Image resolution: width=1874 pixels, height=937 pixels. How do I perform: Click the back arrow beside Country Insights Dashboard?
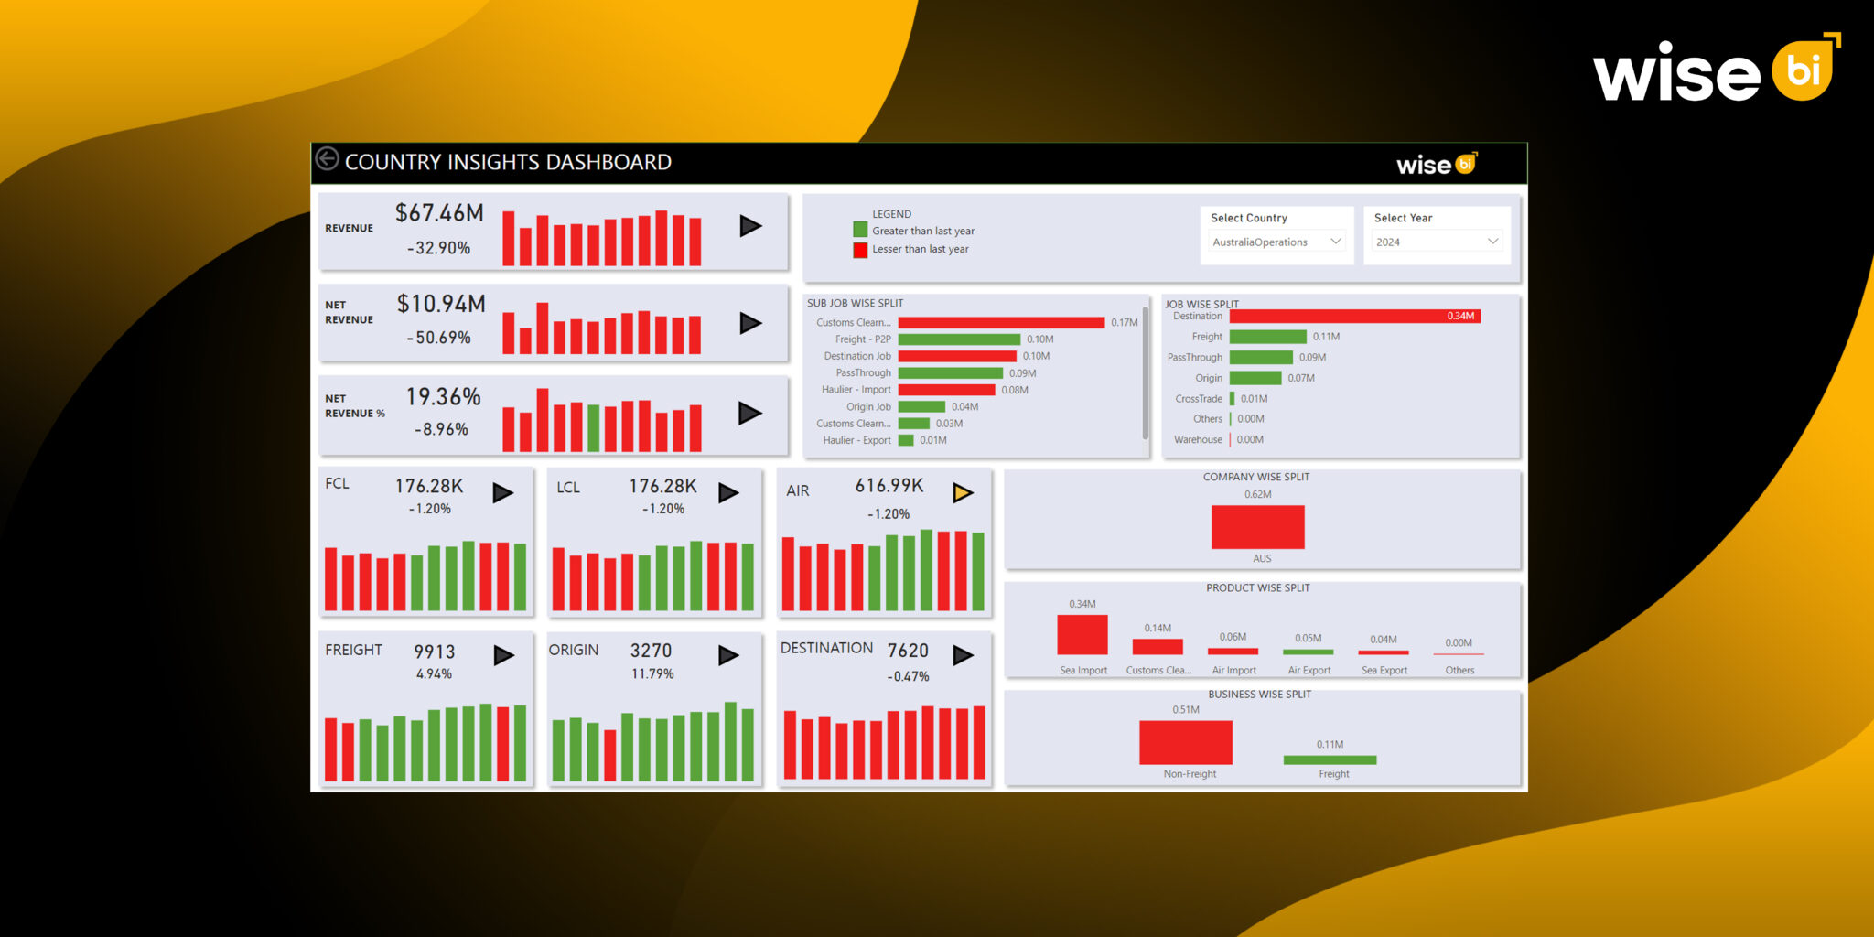click(x=327, y=159)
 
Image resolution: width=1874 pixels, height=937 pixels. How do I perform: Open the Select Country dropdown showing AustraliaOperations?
click(x=1276, y=242)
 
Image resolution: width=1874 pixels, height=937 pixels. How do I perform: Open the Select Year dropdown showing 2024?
click(x=1436, y=242)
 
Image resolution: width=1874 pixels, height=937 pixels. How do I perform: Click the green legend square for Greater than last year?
click(x=860, y=230)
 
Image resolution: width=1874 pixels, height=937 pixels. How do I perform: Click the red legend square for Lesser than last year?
click(x=860, y=249)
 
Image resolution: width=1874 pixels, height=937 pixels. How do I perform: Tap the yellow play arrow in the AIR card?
click(x=963, y=492)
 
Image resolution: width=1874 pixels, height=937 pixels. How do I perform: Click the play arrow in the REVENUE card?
click(x=750, y=226)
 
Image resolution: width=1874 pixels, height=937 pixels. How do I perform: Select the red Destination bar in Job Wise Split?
click(x=1353, y=316)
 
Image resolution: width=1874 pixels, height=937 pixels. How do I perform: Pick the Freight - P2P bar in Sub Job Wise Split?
click(x=958, y=339)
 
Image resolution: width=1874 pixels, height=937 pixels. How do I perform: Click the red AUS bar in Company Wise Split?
click(x=1257, y=527)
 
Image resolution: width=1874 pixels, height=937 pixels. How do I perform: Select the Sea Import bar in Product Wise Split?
click(x=1082, y=634)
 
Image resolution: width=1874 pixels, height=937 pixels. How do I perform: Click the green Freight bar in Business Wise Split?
click(x=1330, y=759)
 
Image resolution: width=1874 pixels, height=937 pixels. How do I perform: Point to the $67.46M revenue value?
click(x=439, y=213)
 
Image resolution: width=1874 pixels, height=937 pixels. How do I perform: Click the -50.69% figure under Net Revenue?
click(x=439, y=338)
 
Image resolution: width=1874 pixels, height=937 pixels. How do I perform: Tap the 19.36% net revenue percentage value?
click(x=444, y=396)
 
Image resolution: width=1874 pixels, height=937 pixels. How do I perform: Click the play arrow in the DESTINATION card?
click(x=963, y=655)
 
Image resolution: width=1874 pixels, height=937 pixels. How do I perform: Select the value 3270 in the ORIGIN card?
click(x=651, y=651)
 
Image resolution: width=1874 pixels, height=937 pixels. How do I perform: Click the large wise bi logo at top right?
click(x=1715, y=70)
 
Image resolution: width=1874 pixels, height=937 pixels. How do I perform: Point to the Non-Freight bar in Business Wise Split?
click(x=1185, y=742)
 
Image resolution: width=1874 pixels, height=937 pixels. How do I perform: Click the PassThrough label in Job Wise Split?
click(x=1194, y=358)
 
